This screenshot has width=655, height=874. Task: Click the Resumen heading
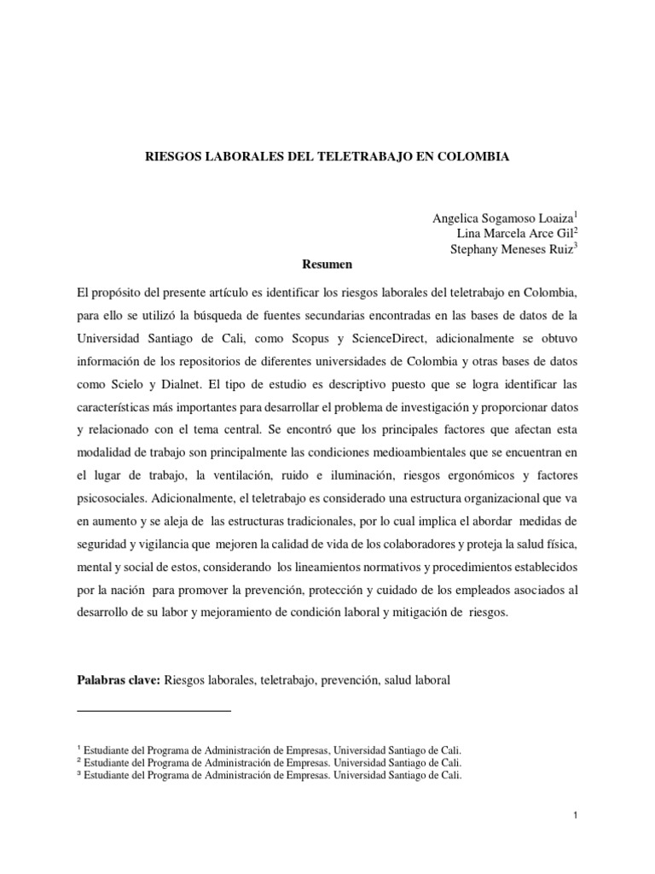(x=327, y=265)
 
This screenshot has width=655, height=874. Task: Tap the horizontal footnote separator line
(x=154, y=711)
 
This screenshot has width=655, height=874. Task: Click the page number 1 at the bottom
(x=576, y=817)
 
